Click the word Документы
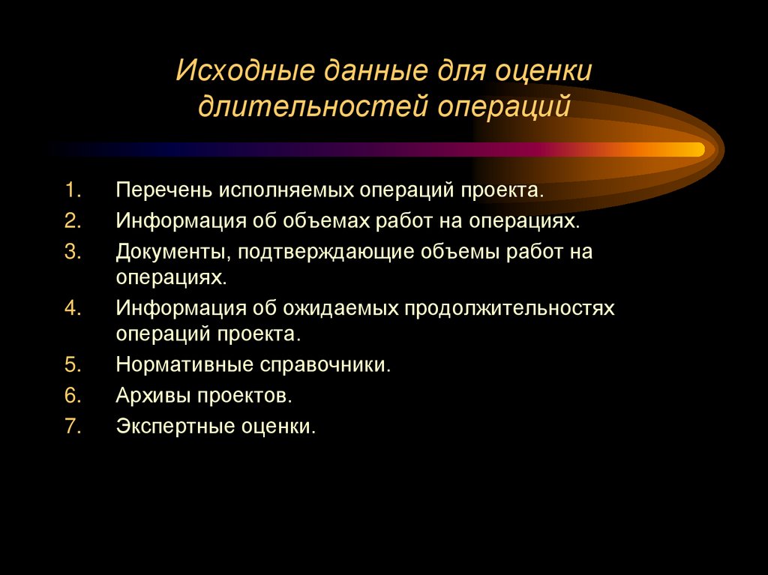(x=173, y=252)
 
